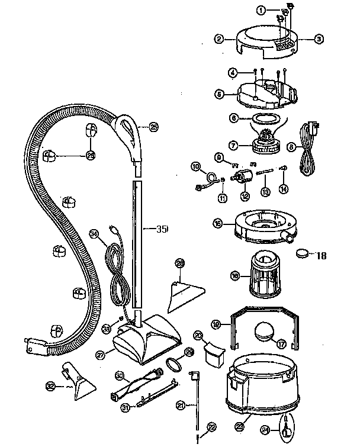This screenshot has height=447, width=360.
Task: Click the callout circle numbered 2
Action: pos(220,39)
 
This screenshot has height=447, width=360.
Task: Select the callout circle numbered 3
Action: pos(319,39)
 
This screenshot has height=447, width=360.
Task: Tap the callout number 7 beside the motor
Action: pos(233,144)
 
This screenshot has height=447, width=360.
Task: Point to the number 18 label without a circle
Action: pos(322,256)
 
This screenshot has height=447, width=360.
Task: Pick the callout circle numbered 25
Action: pos(153,126)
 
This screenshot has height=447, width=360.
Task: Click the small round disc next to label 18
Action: pos(303,253)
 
